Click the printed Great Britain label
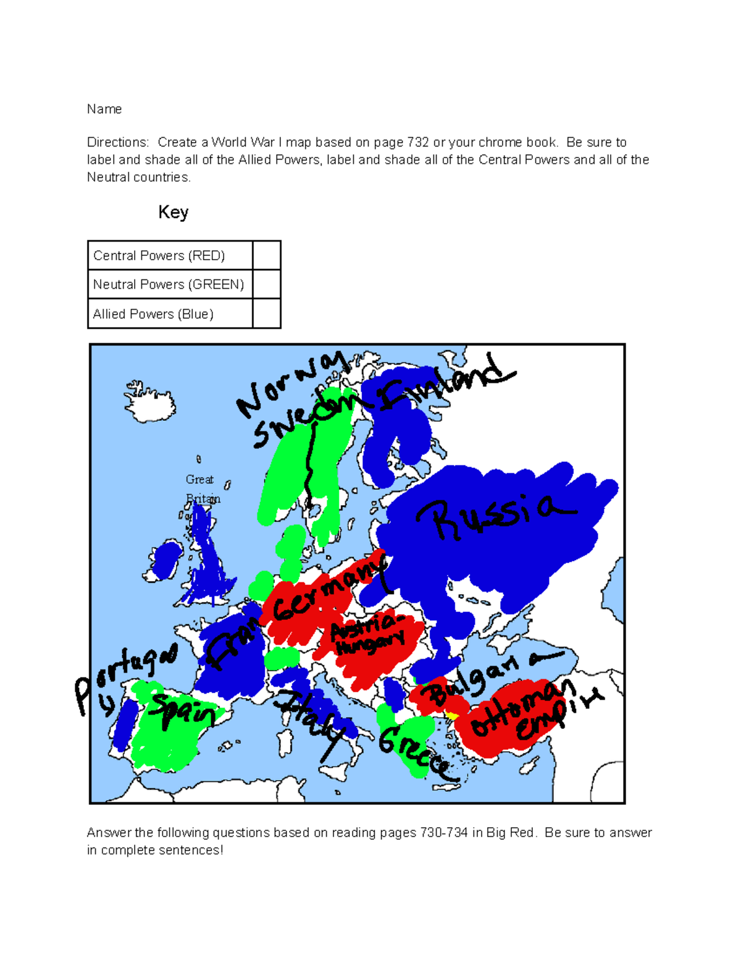[x=202, y=489]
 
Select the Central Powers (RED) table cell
[x=170, y=255]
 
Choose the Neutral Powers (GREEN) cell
[x=170, y=284]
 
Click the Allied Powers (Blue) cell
[x=170, y=314]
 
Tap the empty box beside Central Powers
[x=267, y=255]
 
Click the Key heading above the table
[x=173, y=213]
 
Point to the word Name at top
[x=104, y=109]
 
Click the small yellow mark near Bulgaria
[x=451, y=716]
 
